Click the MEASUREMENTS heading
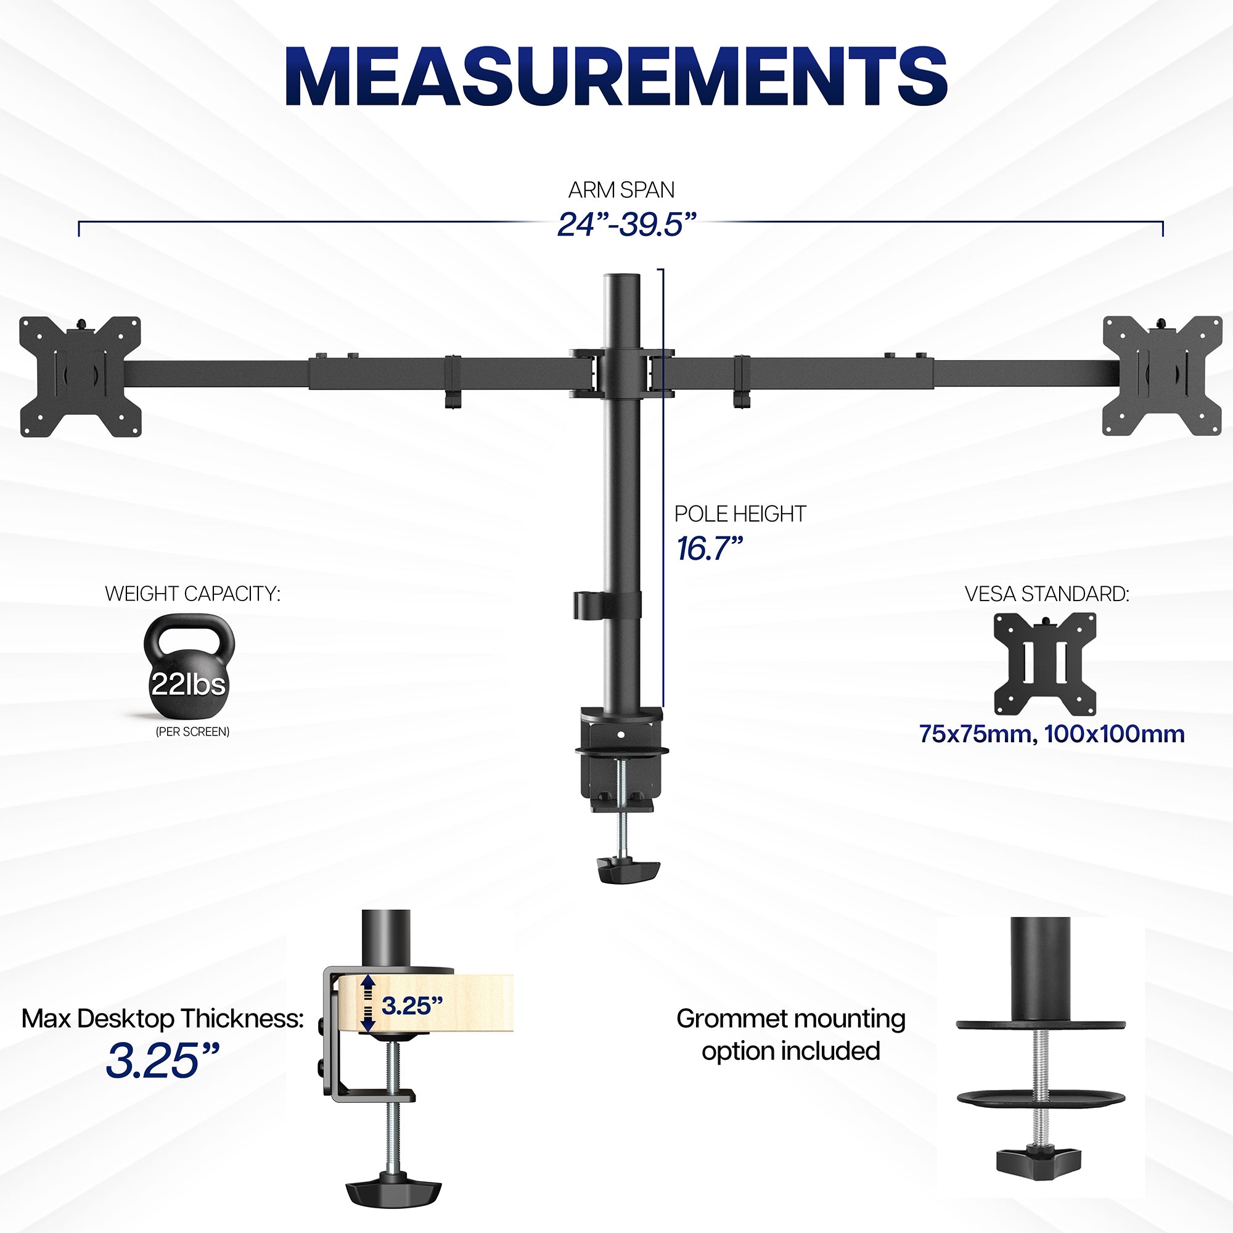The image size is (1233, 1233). pyautogui.click(x=616, y=76)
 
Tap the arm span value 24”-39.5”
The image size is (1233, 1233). pyautogui.click(x=625, y=224)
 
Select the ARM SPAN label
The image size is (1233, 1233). pyautogui.click(x=621, y=189)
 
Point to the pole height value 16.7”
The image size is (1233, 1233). pyautogui.click(x=709, y=549)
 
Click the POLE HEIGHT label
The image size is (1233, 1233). pyautogui.click(x=740, y=514)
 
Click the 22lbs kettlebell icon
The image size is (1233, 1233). pyautogui.click(x=189, y=668)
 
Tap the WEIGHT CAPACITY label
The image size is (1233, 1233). pyautogui.click(x=192, y=594)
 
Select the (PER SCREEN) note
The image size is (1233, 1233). pyautogui.click(x=192, y=732)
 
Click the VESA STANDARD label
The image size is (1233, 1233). pyautogui.click(x=1047, y=594)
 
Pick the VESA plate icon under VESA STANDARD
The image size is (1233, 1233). pyautogui.click(x=1045, y=664)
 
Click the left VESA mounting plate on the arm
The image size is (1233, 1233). pyautogui.click(x=80, y=377)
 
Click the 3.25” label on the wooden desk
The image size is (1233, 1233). pyautogui.click(x=412, y=1007)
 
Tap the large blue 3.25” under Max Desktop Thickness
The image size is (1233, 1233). pyautogui.click(x=162, y=1060)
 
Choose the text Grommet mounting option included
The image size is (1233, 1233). pyautogui.click(x=790, y=1034)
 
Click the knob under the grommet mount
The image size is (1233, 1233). pyautogui.click(x=1039, y=1166)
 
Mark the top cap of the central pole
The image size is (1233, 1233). pyautogui.click(x=621, y=279)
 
